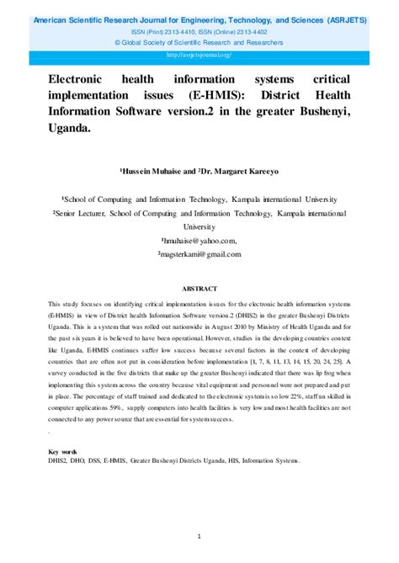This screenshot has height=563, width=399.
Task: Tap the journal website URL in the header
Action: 199,53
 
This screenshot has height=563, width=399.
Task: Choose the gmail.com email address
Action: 199,253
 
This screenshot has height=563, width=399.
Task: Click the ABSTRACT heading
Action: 199,287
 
